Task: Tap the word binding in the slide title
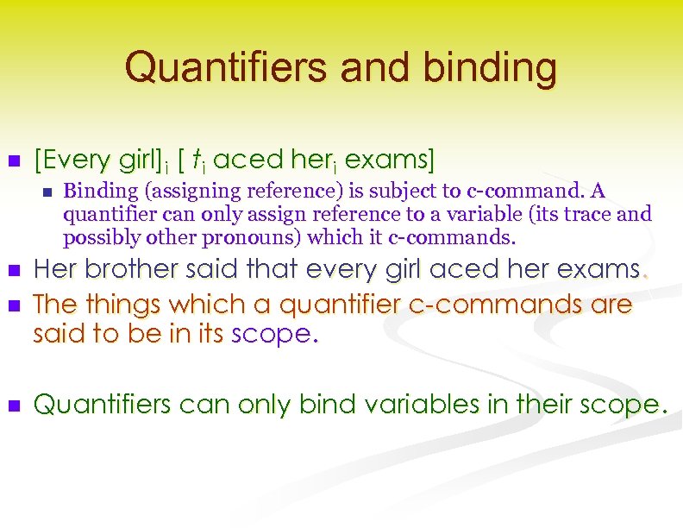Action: (491, 66)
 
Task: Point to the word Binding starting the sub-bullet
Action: (96, 191)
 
